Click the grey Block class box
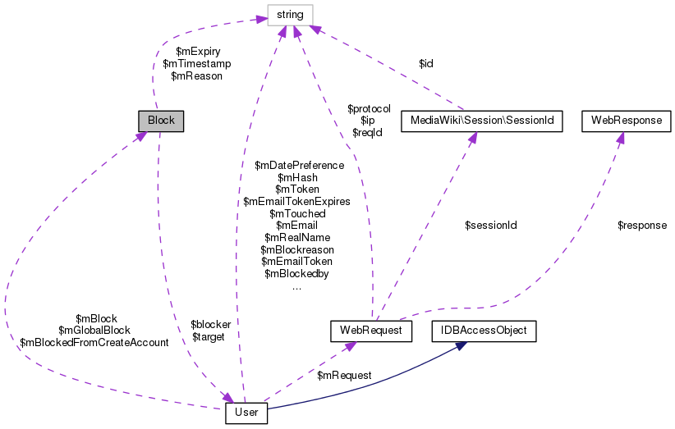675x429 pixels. click(161, 121)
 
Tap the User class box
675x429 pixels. click(246, 412)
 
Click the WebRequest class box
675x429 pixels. click(370, 331)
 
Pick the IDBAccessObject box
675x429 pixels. click(484, 331)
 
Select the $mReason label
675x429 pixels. click(197, 75)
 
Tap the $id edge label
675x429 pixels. click(426, 63)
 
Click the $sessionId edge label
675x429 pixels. click(490, 225)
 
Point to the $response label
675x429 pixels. click(642, 225)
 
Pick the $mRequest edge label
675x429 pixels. click(344, 375)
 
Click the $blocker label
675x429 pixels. click(210, 324)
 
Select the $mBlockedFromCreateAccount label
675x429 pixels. click(94, 343)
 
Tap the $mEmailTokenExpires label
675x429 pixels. click(296, 201)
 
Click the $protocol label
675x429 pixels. click(369, 108)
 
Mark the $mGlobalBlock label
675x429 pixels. click(94, 331)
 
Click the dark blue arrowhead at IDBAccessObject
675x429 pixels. click(461, 346)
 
